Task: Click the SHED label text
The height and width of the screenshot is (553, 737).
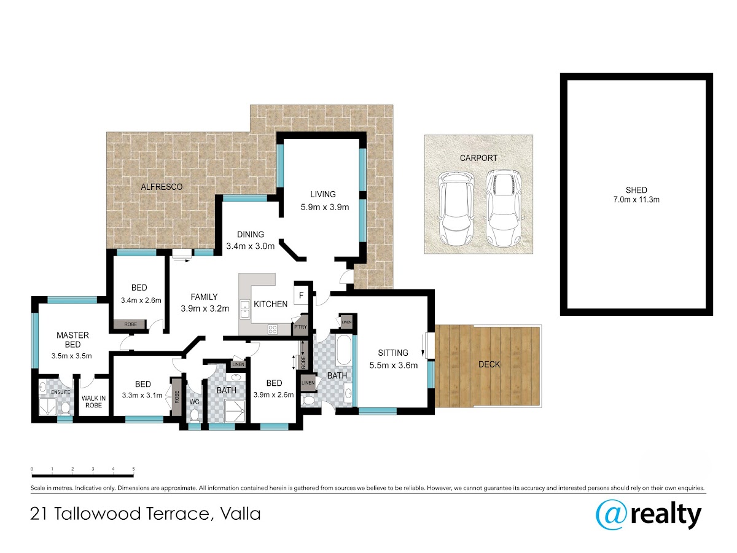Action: (636, 190)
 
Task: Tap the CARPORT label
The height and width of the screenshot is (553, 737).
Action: (478, 158)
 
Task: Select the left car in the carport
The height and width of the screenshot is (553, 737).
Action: (455, 208)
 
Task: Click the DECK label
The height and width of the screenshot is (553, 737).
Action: (489, 364)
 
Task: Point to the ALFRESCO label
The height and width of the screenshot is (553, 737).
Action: (162, 187)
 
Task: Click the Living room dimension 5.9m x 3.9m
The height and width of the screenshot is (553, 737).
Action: (325, 207)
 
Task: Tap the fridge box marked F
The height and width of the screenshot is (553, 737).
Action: (301, 295)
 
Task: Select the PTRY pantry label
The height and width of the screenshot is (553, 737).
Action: (300, 327)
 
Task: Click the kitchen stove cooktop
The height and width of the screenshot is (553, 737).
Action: (272, 329)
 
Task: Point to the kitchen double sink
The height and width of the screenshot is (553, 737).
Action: (244, 309)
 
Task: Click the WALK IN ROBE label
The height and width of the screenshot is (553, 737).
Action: (93, 402)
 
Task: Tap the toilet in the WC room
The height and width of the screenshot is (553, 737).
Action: (194, 415)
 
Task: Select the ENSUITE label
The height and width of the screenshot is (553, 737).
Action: (60, 392)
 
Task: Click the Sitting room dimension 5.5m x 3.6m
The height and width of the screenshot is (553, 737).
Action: (394, 365)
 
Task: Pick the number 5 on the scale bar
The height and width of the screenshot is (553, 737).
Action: (133, 469)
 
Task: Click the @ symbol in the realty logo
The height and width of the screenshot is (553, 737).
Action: (611, 515)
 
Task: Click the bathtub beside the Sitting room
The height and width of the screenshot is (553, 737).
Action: (343, 350)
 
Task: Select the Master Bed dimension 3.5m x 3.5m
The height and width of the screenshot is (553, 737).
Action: (71, 356)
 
